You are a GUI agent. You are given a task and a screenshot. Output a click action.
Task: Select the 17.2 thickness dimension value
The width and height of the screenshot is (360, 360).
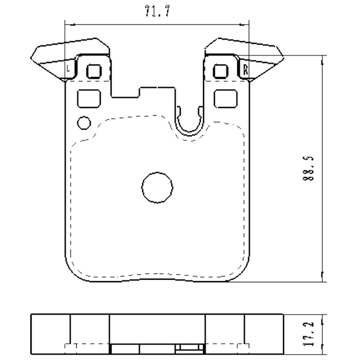(309, 334)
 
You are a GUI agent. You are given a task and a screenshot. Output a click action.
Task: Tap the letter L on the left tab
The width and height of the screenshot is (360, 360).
(69, 68)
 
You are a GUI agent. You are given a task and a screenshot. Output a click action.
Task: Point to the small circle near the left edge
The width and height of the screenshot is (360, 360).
(84, 123)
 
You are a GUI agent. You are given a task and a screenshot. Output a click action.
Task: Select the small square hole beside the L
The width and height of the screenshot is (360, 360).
(94, 71)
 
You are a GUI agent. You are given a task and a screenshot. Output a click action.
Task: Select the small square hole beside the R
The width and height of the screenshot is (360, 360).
(220, 71)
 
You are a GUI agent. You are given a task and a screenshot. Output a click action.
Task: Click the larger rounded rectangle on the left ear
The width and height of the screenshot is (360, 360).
(89, 98)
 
